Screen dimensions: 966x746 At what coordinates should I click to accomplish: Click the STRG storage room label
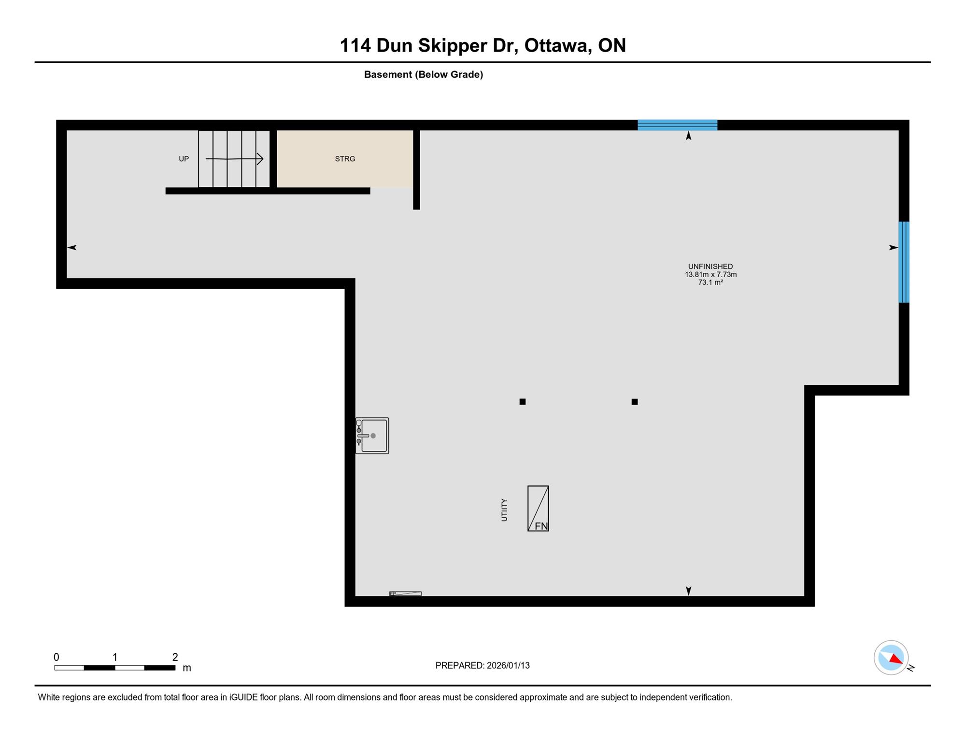pyautogui.click(x=345, y=159)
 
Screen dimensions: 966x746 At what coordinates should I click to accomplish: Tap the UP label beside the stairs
pyautogui.click(x=184, y=159)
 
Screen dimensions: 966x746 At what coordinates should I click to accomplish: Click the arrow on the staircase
pyautogui.click(x=234, y=159)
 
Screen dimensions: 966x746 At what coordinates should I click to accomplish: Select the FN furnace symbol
pyautogui.click(x=538, y=508)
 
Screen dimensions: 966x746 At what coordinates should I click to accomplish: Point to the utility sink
pyautogui.click(x=372, y=436)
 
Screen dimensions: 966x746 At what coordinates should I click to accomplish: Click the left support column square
pyautogui.click(x=523, y=402)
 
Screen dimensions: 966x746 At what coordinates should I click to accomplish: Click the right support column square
pyautogui.click(x=635, y=402)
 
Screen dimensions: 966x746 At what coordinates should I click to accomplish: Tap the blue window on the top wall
pyautogui.click(x=677, y=125)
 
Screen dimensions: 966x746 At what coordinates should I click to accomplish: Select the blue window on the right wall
pyautogui.click(x=904, y=262)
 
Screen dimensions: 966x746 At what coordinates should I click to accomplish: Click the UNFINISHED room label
pyautogui.click(x=710, y=267)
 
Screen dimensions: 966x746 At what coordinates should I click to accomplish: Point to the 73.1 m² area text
pyautogui.click(x=710, y=282)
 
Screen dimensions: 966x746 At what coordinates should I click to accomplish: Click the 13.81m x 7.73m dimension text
pyautogui.click(x=710, y=274)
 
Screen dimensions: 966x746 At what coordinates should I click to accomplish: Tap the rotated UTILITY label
pyautogui.click(x=504, y=510)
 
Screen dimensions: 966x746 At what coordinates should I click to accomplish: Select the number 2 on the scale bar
pyautogui.click(x=175, y=657)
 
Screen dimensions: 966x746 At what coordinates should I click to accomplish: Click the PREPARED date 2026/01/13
pyautogui.click(x=508, y=665)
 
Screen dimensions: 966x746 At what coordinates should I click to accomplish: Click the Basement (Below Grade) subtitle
pyautogui.click(x=424, y=74)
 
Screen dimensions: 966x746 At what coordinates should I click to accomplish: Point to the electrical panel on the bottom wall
pyautogui.click(x=405, y=594)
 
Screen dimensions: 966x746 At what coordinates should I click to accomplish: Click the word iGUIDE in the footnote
pyautogui.click(x=243, y=697)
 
